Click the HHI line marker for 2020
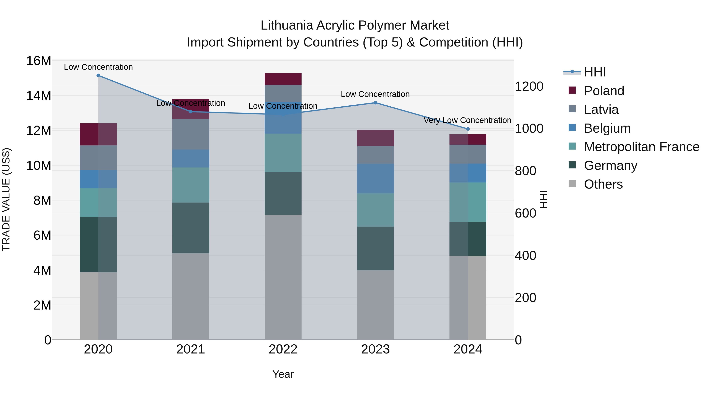point(98,75)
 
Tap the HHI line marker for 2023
point(375,103)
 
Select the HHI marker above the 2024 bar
point(468,129)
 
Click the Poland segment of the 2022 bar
point(283,79)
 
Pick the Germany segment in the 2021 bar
point(191,228)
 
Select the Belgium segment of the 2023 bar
point(375,179)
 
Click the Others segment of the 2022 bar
point(283,277)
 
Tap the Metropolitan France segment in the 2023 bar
point(375,210)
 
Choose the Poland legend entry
point(604,91)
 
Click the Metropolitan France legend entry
point(641,147)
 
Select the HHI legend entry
point(595,72)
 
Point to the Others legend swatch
point(572,184)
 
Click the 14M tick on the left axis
point(39,96)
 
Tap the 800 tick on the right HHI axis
point(525,171)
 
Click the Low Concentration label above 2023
point(375,94)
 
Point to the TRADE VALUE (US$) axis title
point(6,199)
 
